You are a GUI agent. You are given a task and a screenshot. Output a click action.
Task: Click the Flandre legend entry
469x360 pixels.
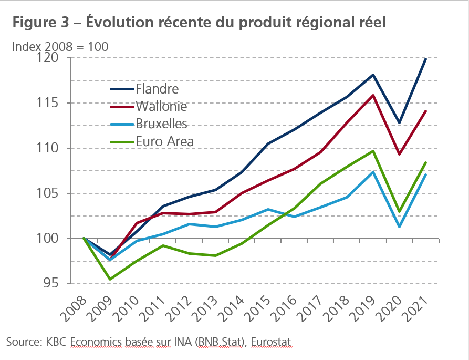pos(157,89)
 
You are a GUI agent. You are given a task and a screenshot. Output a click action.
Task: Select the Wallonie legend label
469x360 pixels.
pos(161,107)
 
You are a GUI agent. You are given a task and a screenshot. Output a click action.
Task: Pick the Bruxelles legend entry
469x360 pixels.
pos(161,124)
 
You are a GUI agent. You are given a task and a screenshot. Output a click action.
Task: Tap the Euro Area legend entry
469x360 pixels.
pos(164,141)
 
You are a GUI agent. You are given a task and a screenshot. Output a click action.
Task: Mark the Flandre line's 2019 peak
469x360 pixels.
pos(373,75)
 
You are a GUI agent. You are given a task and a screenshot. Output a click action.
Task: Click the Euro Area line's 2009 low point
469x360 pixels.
pos(110,279)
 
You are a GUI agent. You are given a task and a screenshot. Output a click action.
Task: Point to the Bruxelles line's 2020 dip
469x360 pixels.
pos(399,227)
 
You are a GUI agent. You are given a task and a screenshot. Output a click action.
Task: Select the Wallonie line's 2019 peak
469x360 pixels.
pos(373,95)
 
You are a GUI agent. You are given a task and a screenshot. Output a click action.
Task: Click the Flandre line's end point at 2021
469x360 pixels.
pos(425,59)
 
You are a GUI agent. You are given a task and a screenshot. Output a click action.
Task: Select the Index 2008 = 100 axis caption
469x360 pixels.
pos(60,46)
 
